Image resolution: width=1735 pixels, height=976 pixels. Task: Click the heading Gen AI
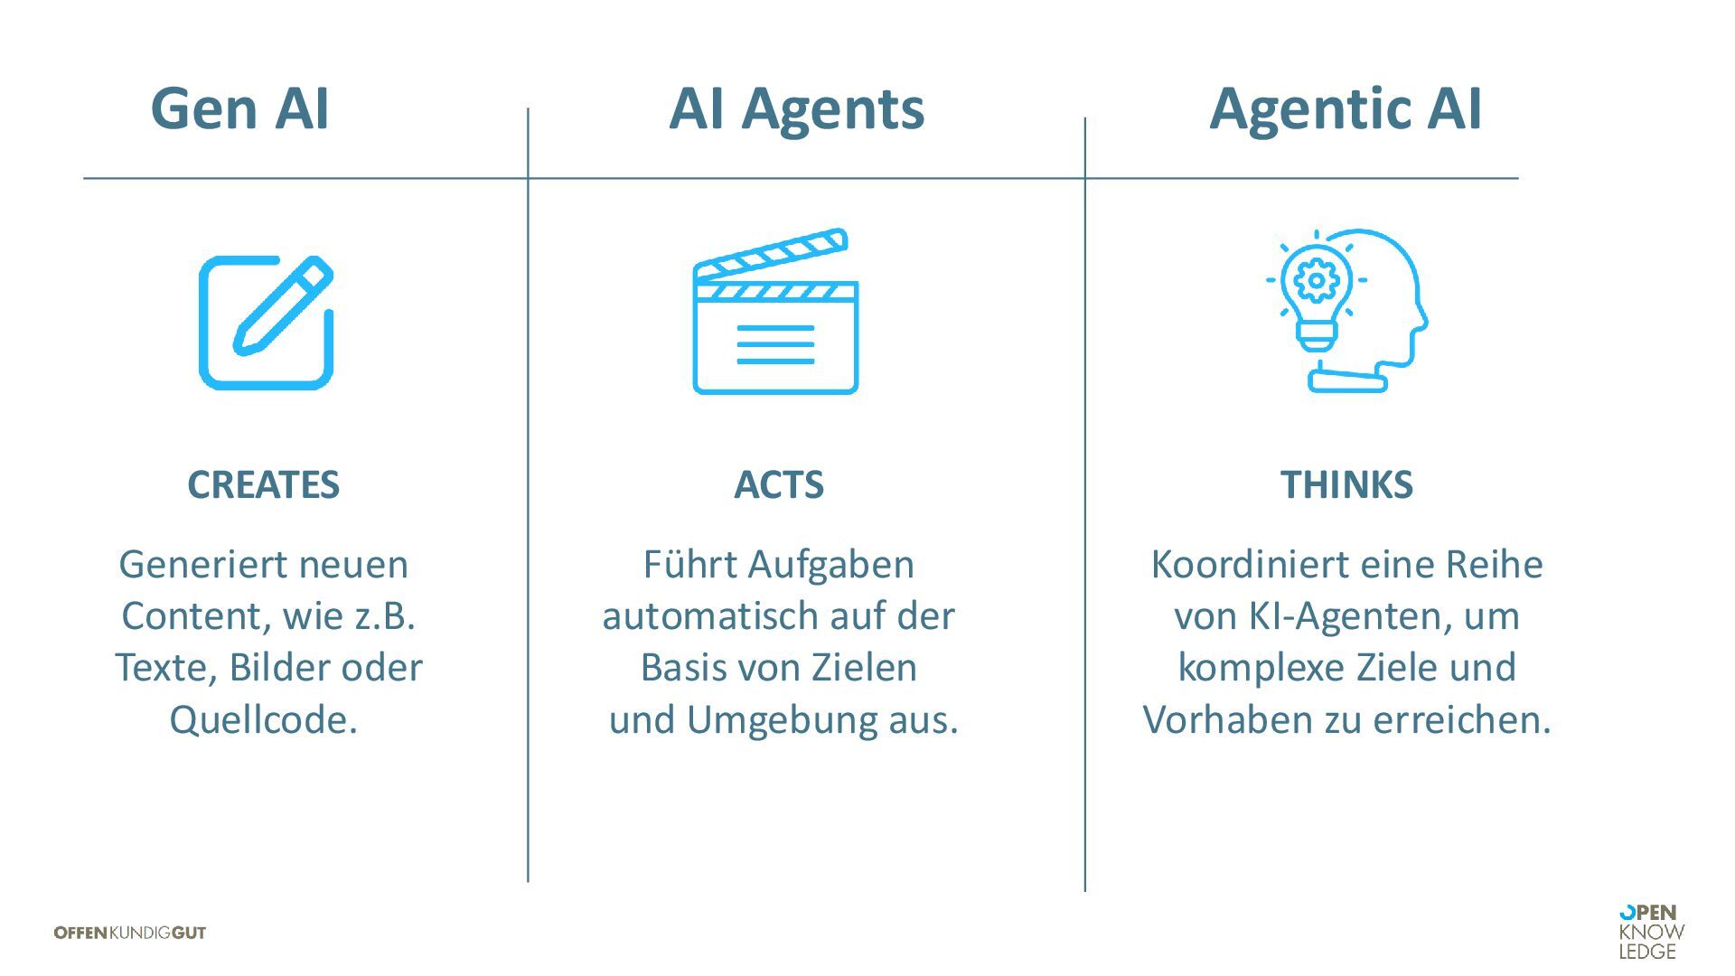pyautogui.click(x=239, y=108)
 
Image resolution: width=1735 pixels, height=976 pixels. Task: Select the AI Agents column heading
pyautogui.click(x=796, y=108)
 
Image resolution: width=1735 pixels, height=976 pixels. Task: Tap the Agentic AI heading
pyautogui.click(x=1345, y=108)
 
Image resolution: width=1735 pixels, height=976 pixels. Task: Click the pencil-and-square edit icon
pyautogui.click(x=266, y=323)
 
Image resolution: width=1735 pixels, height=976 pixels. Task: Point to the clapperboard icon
pyautogui.click(x=775, y=312)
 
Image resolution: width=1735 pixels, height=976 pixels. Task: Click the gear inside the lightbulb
pyautogui.click(x=1316, y=280)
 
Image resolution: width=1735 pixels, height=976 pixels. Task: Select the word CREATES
pyautogui.click(x=263, y=485)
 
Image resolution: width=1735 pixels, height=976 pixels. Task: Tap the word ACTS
pyautogui.click(x=778, y=485)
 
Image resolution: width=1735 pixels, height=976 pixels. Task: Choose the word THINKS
pyautogui.click(x=1346, y=485)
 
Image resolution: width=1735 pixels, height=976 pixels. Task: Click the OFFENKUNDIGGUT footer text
pyautogui.click(x=130, y=933)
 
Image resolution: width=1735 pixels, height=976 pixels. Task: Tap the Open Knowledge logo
pyautogui.click(x=1651, y=932)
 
